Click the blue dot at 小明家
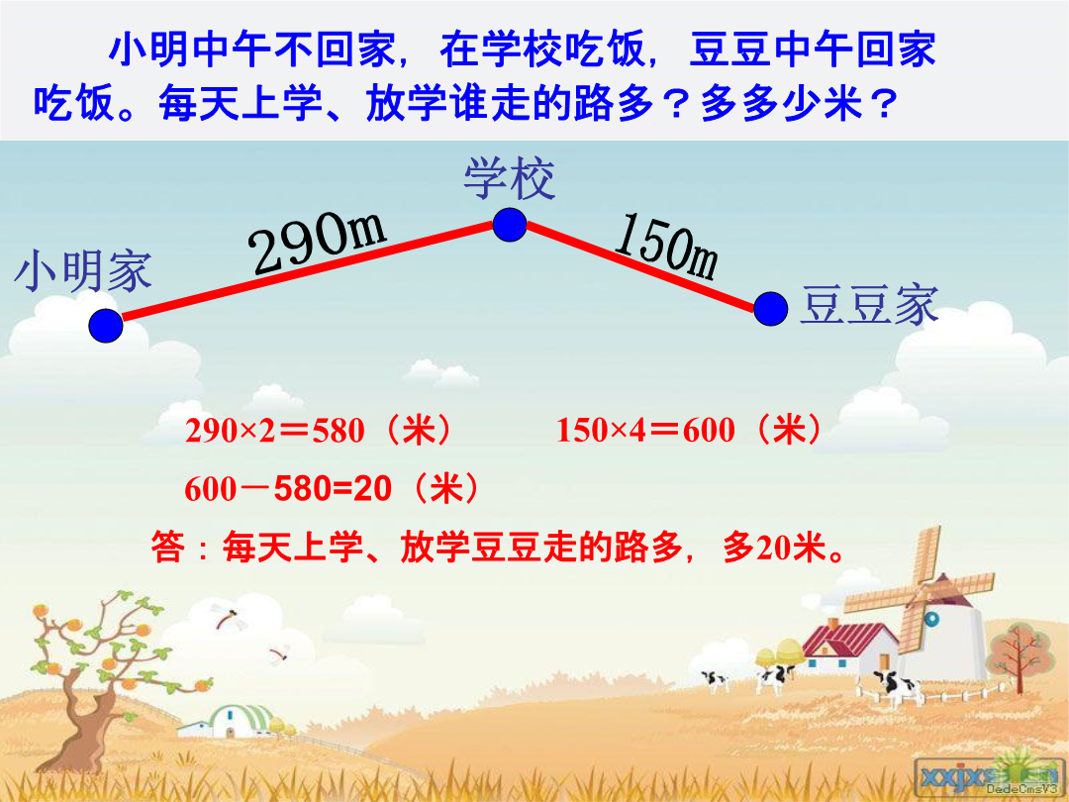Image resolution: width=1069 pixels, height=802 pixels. click(x=106, y=326)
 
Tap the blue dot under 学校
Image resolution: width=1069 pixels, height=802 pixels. click(x=510, y=225)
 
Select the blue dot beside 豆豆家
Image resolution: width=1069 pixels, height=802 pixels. click(x=771, y=309)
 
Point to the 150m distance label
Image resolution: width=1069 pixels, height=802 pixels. click(x=666, y=247)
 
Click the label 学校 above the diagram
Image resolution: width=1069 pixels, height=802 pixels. click(x=510, y=178)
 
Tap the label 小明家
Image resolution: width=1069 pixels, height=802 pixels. click(x=82, y=271)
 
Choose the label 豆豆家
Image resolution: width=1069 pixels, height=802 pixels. click(x=869, y=305)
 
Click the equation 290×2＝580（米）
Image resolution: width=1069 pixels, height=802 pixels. click(x=319, y=431)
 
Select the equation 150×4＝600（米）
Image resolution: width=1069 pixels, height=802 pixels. click(x=689, y=431)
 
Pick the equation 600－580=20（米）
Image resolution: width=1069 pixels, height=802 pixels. click(x=332, y=489)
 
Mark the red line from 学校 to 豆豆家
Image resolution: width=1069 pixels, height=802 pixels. click(x=640, y=266)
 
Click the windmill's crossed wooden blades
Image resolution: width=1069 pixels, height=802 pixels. click(x=922, y=592)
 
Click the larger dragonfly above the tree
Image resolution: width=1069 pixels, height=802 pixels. click(x=225, y=616)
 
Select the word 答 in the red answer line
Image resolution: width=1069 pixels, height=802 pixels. click(x=167, y=548)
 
